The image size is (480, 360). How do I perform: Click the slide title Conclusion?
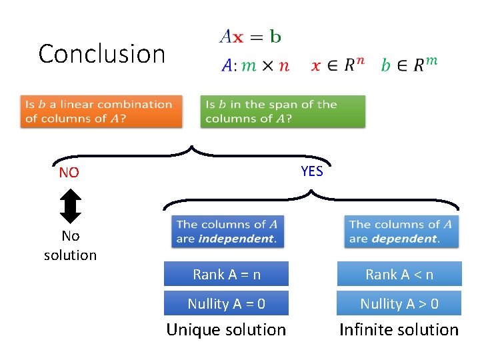point(101,54)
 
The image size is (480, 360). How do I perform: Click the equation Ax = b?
point(250,36)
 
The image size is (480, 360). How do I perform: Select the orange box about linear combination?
point(103,111)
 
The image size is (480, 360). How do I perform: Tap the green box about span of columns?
point(283,111)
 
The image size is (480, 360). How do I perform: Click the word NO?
point(69,173)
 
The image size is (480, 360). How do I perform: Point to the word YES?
point(311,171)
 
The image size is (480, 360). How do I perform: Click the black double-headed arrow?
point(70,207)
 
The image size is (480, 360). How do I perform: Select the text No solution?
point(70,245)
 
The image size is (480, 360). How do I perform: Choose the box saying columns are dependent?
point(400,231)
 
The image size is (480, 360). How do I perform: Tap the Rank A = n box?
point(227,274)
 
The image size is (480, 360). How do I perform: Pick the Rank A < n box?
point(399,274)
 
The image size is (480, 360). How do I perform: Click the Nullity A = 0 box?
point(227,304)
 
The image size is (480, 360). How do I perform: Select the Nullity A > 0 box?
point(399,304)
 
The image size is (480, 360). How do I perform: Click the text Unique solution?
point(226,330)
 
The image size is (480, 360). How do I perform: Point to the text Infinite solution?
point(399,330)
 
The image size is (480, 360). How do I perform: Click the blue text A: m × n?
point(255,65)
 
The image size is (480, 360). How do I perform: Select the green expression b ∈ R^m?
point(409,65)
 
